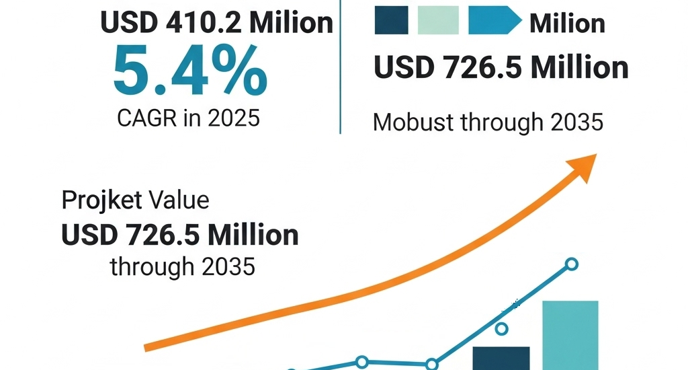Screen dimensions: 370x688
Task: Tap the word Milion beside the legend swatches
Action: [x=567, y=24]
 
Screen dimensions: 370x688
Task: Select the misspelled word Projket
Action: [x=101, y=200]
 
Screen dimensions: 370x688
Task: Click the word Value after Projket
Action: [x=179, y=200]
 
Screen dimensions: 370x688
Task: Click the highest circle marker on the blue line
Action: [x=571, y=264]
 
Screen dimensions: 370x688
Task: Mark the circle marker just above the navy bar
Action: [x=501, y=329]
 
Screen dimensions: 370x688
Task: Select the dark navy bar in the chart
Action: [x=501, y=358]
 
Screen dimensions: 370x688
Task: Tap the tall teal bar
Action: [x=570, y=335]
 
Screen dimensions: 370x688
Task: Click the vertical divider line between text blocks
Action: [x=341, y=67]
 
